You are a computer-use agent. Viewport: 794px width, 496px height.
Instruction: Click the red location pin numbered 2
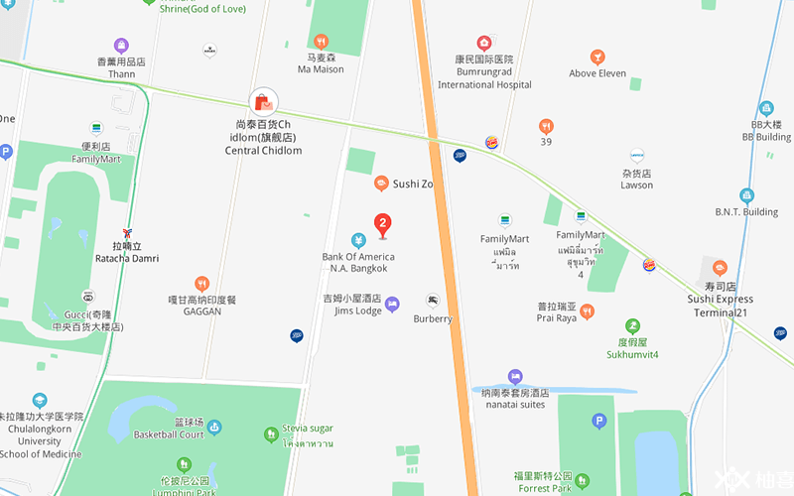tap(382, 225)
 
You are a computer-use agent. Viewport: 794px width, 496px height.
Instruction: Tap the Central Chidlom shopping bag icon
tap(263, 101)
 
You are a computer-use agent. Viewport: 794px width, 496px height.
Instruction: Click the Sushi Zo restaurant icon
tap(380, 184)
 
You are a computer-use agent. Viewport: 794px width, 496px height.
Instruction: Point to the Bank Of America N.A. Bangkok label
tap(358, 263)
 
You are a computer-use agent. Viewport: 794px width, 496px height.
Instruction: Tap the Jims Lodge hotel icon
tap(392, 303)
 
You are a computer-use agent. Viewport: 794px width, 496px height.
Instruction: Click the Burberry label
tap(433, 318)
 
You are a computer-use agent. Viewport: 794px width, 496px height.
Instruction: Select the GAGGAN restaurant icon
tap(202, 284)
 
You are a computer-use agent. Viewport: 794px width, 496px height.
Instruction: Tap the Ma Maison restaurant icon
tap(321, 42)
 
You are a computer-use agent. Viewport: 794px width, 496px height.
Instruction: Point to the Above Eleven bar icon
tap(597, 58)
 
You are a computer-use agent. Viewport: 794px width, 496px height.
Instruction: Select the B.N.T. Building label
tap(746, 211)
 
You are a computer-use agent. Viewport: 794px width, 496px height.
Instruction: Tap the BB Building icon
tap(765, 108)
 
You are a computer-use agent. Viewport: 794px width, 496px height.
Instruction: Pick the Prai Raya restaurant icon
tap(587, 311)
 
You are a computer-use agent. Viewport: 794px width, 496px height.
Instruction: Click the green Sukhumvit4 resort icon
tap(632, 325)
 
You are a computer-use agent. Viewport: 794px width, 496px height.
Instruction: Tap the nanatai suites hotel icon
tap(514, 377)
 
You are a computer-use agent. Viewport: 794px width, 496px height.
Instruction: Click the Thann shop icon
tap(121, 46)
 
